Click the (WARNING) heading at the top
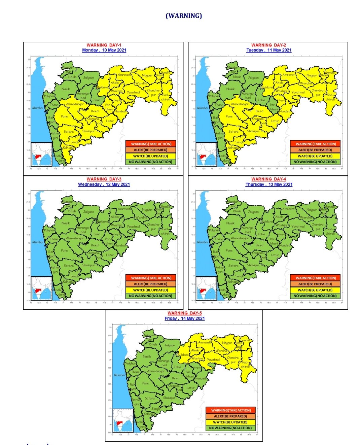click(x=184, y=16)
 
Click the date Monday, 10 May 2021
click(x=104, y=50)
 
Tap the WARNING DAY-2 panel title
click(x=268, y=45)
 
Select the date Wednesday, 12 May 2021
click(x=104, y=184)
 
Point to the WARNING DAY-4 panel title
click(x=268, y=179)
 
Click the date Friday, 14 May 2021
click(x=184, y=318)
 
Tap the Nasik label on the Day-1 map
click(x=66, y=89)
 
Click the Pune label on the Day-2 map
click(x=229, y=116)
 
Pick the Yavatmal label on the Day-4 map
click(x=298, y=227)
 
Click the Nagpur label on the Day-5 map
click(x=227, y=343)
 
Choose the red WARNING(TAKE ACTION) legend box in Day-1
click(x=151, y=144)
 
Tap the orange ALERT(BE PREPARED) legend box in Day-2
click(x=315, y=150)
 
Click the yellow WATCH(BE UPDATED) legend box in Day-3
click(x=151, y=290)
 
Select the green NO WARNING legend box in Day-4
click(x=315, y=296)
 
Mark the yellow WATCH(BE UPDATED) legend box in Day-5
click(x=230, y=422)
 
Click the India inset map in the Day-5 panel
click(x=123, y=420)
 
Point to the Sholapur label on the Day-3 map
click(x=88, y=265)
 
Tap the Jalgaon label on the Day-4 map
click(x=253, y=212)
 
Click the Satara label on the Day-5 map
click(x=150, y=398)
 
